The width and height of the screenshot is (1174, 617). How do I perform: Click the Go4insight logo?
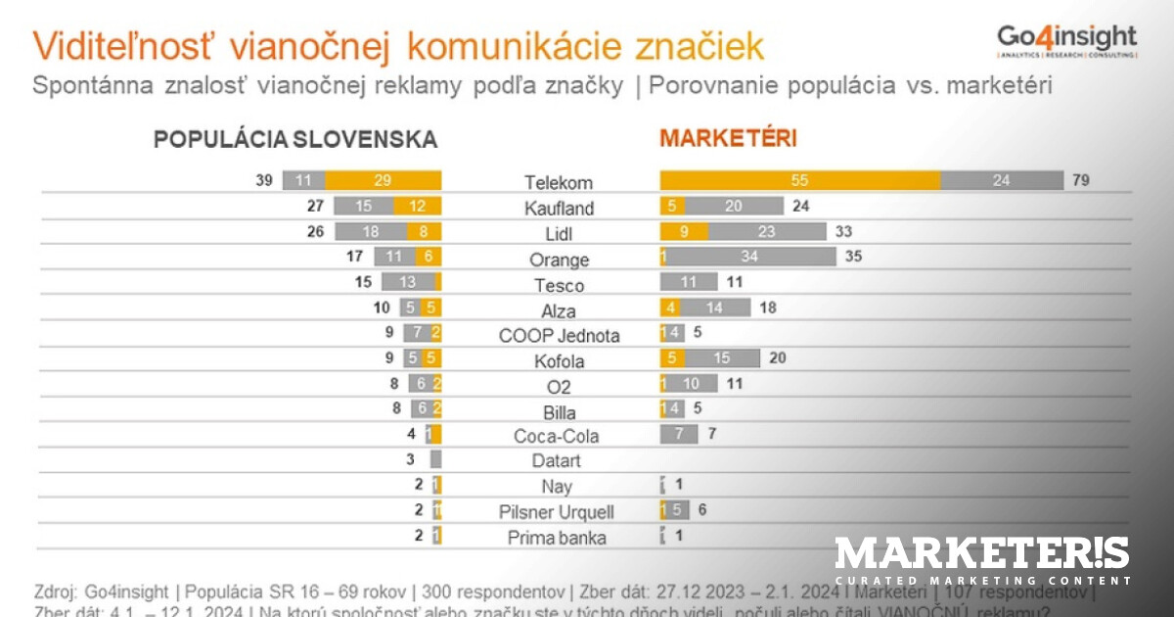tap(1066, 40)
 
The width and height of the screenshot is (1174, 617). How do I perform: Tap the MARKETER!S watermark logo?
tap(981, 560)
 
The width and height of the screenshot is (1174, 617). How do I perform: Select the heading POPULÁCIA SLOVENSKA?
tap(294, 140)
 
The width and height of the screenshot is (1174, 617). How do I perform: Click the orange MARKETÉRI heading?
tap(728, 138)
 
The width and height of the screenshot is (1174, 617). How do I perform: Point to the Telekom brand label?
tap(559, 183)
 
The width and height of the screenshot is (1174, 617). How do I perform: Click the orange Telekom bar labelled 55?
tap(800, 181)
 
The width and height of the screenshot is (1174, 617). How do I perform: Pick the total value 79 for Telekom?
tap(1080, 181)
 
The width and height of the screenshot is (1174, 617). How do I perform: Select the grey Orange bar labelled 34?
tap(751, 257)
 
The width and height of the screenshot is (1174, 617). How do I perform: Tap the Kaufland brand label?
tap(559, 209)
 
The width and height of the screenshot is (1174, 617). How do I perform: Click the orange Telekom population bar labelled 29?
tap(383, 181)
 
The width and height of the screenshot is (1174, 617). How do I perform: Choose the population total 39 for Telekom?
tap(264, 181)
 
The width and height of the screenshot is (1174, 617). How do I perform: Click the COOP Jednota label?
tap(559, 336)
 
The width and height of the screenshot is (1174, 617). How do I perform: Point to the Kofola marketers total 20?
tap(778, 358)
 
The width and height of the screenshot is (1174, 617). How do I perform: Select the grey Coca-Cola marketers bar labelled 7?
tap(679, 435)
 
